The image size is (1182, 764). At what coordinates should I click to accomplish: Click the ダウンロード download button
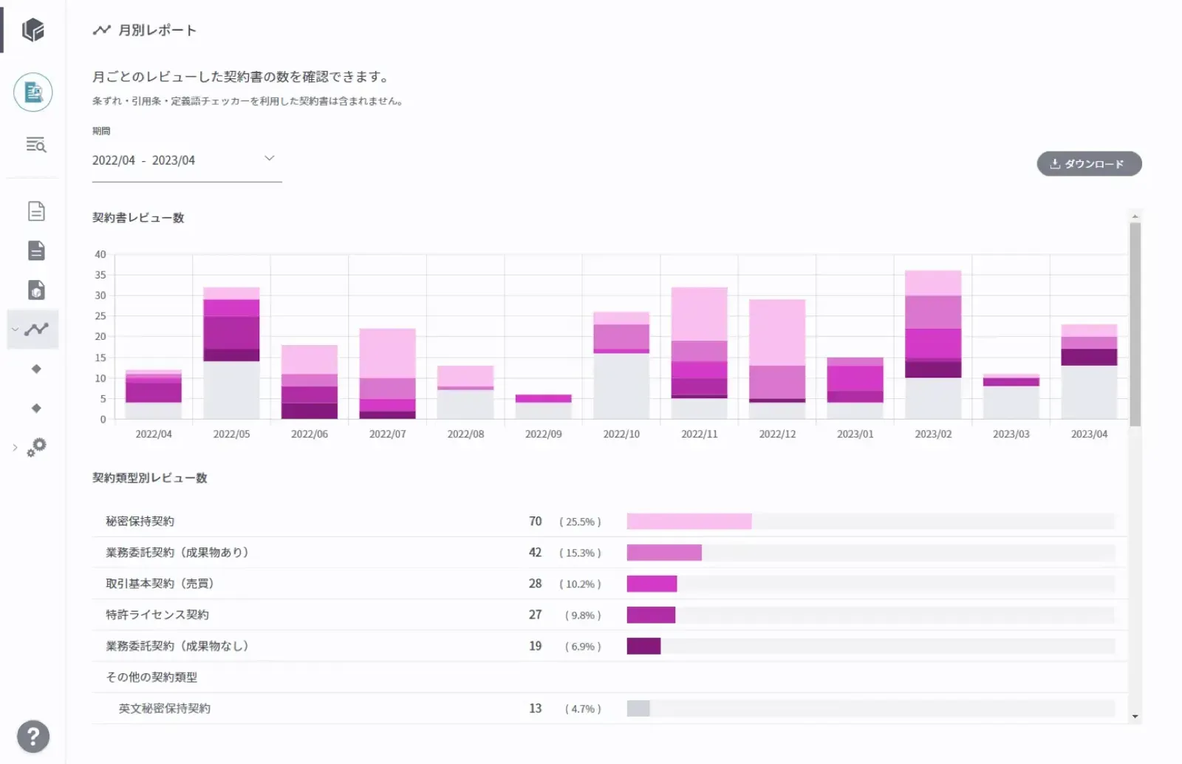point(1089,164)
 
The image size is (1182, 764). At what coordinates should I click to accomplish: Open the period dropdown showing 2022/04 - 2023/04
point(186,160)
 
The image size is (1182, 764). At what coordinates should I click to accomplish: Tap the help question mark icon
point(33,737)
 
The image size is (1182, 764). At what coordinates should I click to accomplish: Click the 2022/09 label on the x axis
point(543,434)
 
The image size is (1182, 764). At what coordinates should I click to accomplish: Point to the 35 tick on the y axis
point(100,275)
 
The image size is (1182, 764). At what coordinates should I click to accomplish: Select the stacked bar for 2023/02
point(933,344)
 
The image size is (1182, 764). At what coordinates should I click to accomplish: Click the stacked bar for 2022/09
point(543,407)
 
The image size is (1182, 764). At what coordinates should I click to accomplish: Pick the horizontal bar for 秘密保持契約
point(689,522)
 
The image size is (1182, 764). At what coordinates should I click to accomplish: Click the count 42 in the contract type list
point(535,553)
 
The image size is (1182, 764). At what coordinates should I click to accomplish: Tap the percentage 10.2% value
point(580,584)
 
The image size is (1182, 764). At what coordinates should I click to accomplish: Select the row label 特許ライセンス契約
point(157,615)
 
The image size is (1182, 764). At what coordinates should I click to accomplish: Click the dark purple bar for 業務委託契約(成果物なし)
point(643,647)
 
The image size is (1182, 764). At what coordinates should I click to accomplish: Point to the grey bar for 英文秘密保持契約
point(638,709)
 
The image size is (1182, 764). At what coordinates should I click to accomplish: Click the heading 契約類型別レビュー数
point(150,478)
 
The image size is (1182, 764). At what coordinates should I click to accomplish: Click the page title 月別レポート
point(157,30)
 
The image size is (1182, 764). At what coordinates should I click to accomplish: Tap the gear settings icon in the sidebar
point(36,447)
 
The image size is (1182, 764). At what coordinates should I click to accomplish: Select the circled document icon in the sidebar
point(33,92)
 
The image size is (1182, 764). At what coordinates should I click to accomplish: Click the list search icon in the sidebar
point(35,145)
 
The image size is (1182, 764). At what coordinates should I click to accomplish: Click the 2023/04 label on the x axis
point(1089,434)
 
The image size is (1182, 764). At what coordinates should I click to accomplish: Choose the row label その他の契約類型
point(151,678)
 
